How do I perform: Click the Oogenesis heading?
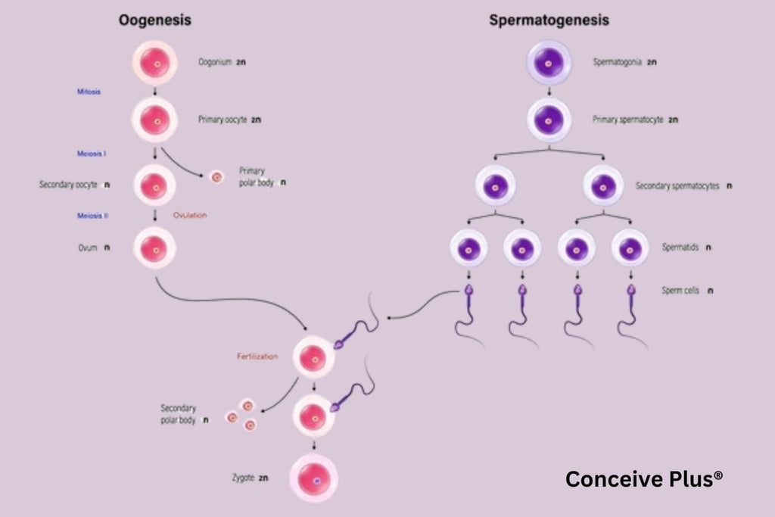click(155, 21)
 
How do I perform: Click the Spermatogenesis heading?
click(549, 21)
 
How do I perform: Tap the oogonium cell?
click(155, 63)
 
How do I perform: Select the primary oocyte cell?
click(155, 120)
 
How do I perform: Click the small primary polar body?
click(216, 178)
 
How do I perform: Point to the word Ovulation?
click(189, 215)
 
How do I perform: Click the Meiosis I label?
click(92, 154)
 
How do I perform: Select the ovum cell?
click(155, 248)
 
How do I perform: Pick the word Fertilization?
click(257, 355)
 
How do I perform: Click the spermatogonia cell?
click(549, 63)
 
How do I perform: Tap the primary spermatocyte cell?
click(549, 120)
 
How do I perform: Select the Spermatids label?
click(677, 248)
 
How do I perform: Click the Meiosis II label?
click(92, 215)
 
